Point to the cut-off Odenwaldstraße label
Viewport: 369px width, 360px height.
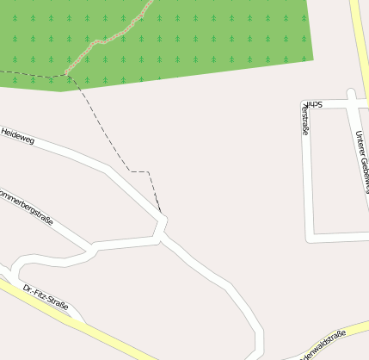[322, 344]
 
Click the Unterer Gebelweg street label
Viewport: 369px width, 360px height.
[361, 160]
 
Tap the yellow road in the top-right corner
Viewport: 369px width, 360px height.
[359, 34]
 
